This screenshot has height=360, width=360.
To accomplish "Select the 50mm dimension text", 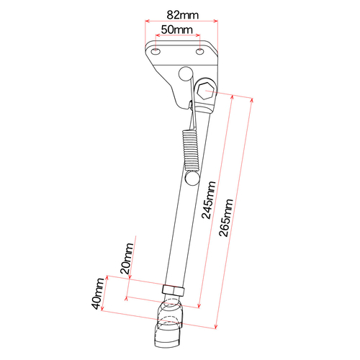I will tap(176, 30).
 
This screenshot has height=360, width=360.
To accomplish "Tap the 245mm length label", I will tap(207, 199).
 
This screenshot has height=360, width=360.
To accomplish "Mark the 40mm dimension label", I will tap(98, 293).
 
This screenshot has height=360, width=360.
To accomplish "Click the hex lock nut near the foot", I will tap(173, 291).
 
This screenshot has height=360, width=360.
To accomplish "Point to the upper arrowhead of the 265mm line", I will tap(253, 100).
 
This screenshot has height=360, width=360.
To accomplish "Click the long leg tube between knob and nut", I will tap(179, 230).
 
